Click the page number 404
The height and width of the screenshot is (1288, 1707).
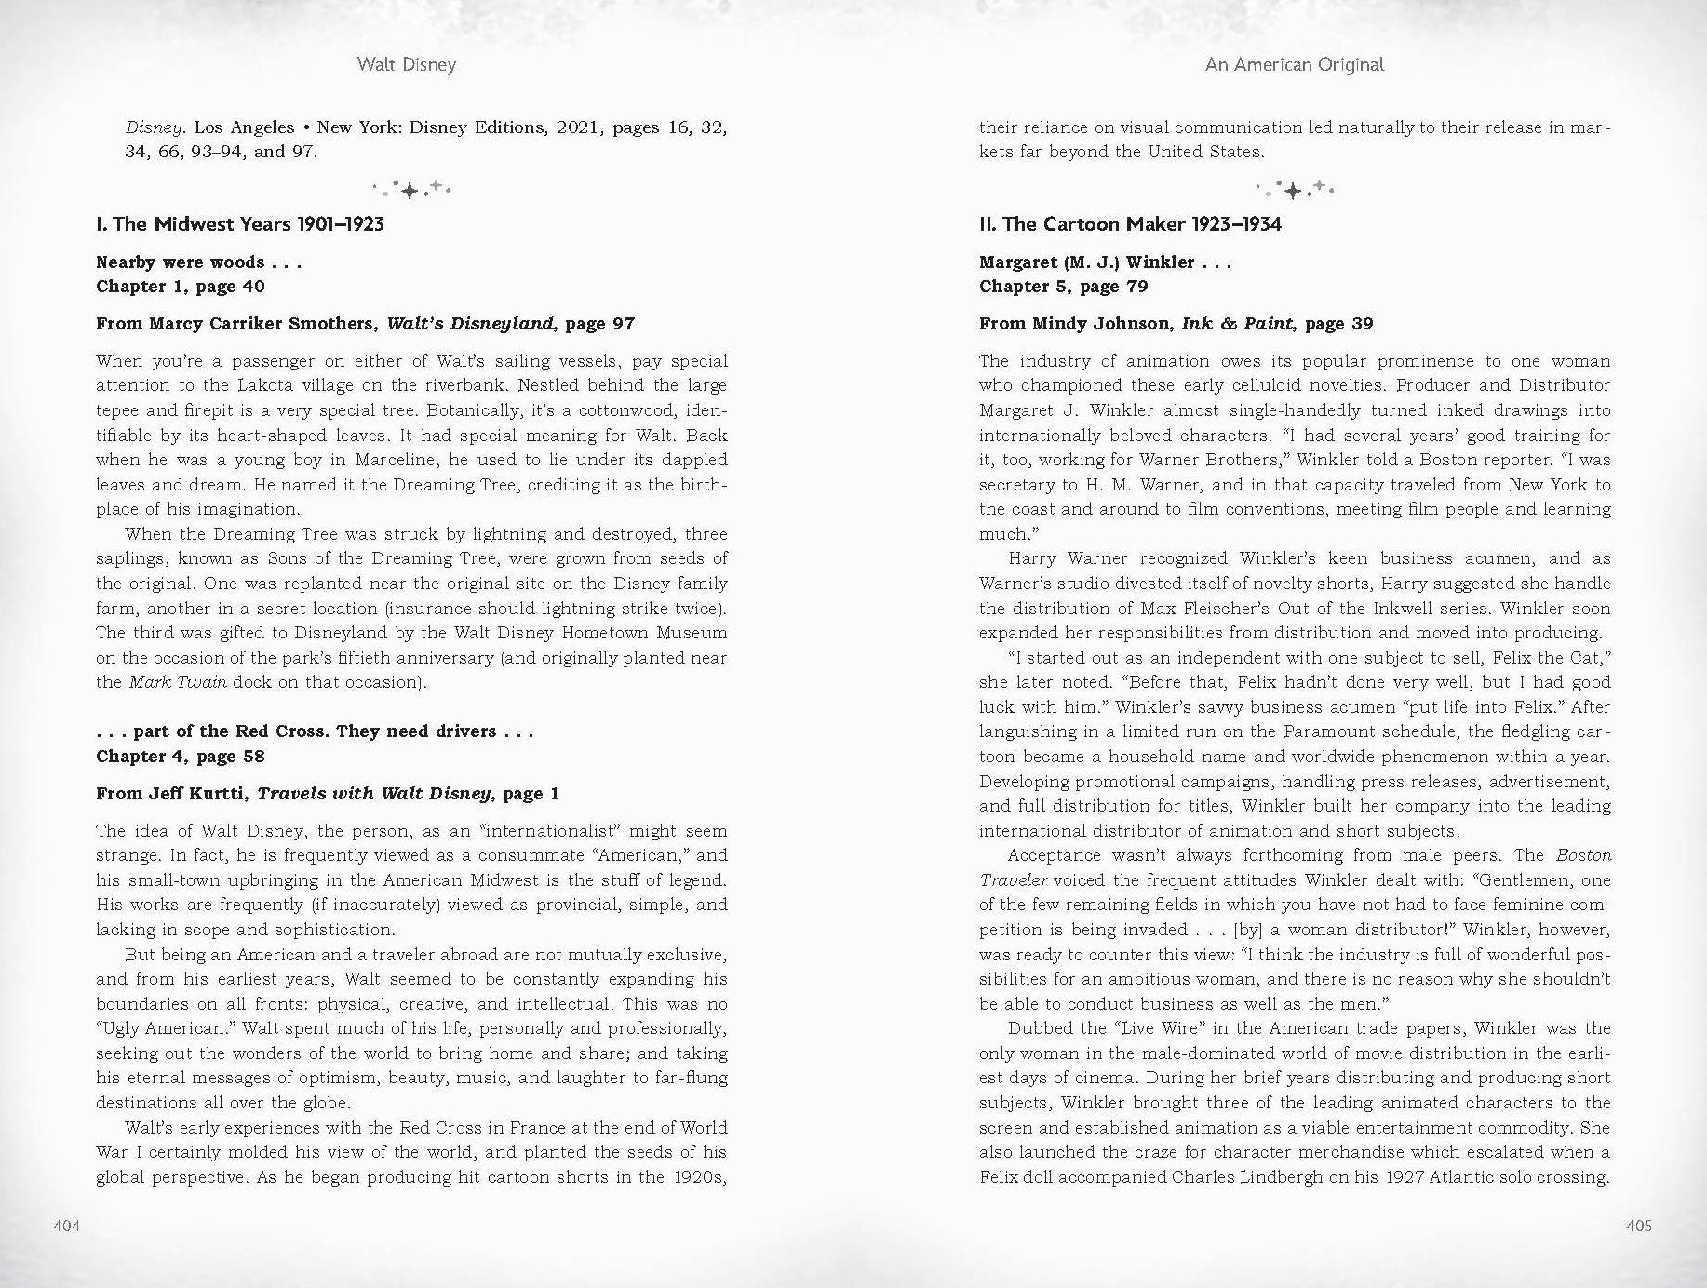point(66,1226)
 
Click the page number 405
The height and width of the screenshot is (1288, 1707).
point(1638,1226)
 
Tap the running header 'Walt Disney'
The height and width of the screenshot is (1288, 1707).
point(407,64)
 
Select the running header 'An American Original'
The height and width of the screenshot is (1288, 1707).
point(1295,64)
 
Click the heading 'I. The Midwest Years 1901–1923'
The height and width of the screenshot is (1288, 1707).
point(240,224)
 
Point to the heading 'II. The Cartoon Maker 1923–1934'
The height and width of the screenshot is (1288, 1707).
point(1130,224)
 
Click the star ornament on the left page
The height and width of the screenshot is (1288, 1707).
point(410,190)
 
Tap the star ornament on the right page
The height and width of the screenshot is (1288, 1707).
point(1294,190)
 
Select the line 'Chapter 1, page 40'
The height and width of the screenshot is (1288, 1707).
point(181,287)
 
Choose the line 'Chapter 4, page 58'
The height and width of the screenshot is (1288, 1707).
point(181,757)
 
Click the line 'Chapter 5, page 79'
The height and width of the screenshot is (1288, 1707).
point(1064,287)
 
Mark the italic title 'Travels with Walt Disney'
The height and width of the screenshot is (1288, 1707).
point(374,794)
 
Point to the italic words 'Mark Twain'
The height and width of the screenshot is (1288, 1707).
point(178,682)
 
